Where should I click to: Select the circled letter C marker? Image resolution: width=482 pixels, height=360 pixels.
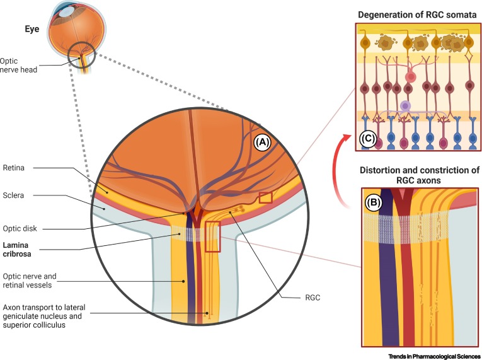point(367,138)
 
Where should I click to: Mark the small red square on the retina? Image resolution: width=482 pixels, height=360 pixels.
point(265,198)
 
